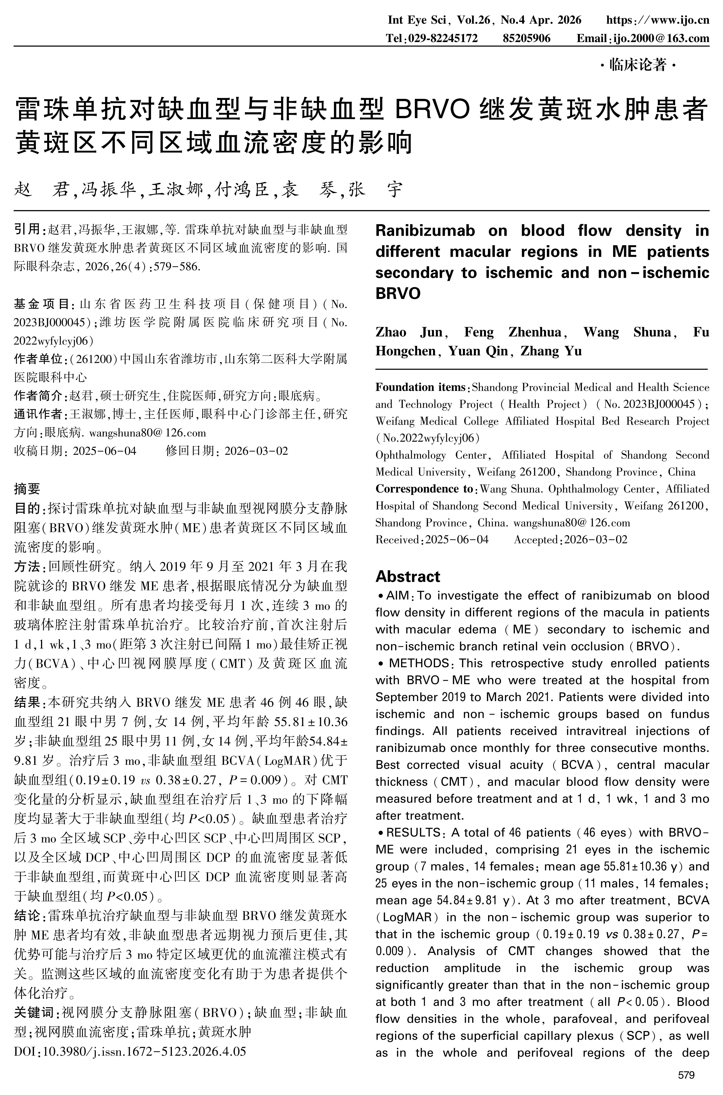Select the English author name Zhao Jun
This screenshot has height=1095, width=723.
coord(409,332)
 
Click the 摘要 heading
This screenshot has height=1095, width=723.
coord(27,489)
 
